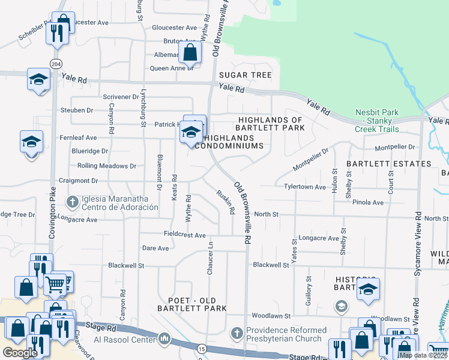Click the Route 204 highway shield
(x=56, y=64)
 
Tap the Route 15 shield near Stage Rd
(x=200, y=349)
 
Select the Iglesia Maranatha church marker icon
(x=73, y=202)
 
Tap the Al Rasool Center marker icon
(x=164, y=340)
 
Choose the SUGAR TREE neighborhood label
(x=245, y=75)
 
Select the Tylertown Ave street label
(x=305, y=187)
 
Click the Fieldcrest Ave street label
(x=185, y=235)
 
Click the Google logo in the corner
(x=20, y=353)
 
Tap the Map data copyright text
(x=423, y=355)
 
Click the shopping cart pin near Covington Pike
(x=55, y=283)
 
